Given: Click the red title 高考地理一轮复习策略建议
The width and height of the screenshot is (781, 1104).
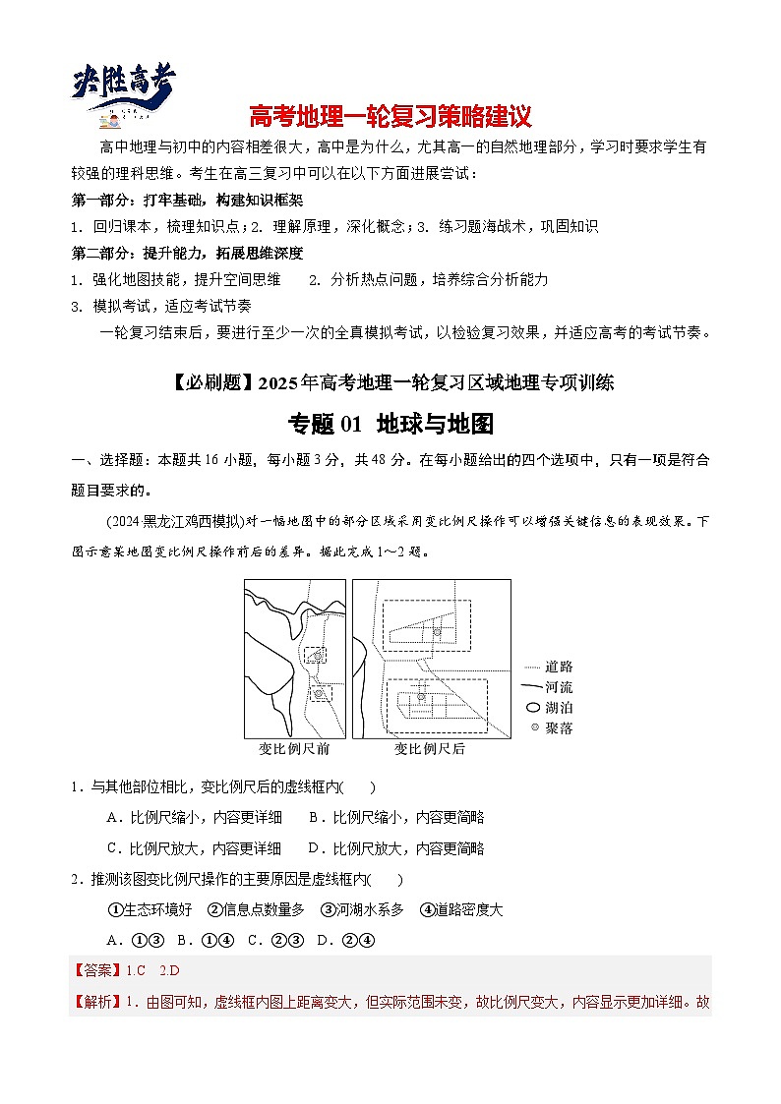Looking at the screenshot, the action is [390, 117].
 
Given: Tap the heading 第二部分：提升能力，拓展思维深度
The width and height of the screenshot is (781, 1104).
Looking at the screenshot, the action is [179, 253].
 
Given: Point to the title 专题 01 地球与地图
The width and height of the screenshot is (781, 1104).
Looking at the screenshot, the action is [390, 424].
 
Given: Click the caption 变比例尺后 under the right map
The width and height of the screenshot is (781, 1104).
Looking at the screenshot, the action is [430, 749].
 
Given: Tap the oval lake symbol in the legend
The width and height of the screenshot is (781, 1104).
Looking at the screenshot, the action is [533, 708].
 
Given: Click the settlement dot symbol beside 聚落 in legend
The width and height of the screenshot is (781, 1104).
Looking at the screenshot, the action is [534, 728].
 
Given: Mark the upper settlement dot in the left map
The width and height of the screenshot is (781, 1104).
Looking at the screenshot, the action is [316, 654].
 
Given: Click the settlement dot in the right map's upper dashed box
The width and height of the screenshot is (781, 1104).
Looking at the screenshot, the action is [424, 631].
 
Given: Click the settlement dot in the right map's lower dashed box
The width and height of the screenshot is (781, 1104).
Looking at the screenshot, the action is [421, 697].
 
